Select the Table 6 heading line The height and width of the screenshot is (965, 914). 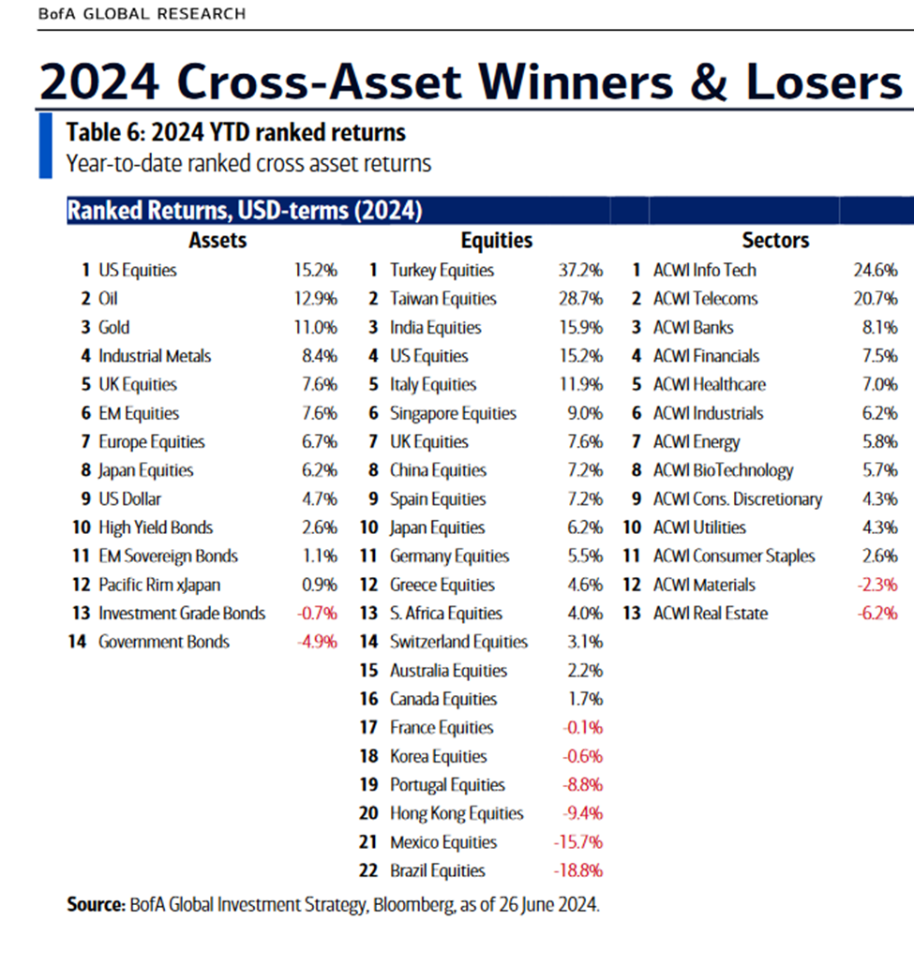coord(235,132)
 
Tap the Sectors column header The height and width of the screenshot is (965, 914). coord(775,241)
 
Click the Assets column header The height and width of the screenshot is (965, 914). coord(217,241)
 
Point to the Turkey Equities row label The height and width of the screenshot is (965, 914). coord(442,271)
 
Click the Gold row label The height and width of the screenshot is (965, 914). coord(114,328)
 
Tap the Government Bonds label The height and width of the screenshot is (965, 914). coord(164,642)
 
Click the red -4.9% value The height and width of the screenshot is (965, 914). coord(316,642)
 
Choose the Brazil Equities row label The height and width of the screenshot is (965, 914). coord(438,870)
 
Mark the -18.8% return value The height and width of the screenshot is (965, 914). coord(577,870)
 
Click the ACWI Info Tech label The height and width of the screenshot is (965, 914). coord(705,271)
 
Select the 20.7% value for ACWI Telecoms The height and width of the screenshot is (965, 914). coord(875,299)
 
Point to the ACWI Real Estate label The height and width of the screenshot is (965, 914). coord(711,614)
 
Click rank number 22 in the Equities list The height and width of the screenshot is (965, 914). coord(369,870)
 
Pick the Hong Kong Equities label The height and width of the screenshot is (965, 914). coord(457,813)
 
